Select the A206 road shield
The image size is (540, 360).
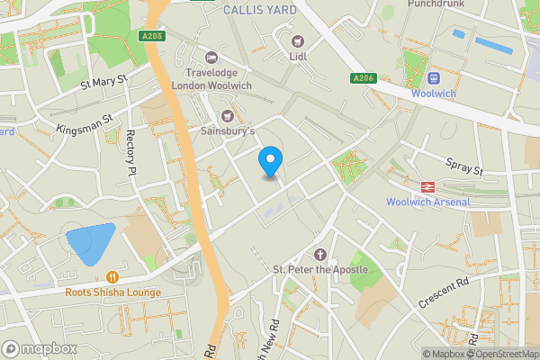point(363,79)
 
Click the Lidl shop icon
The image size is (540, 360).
point(298,40)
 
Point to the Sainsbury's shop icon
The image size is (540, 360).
point(227,115)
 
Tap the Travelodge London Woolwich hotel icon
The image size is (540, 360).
point(211,57)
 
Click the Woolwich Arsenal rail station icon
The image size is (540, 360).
point(427,186)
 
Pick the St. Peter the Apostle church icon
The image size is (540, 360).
point(319,255)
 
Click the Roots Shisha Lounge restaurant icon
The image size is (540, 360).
point(112,277)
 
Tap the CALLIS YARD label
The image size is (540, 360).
point(261,10)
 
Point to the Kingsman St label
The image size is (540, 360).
point(84,122)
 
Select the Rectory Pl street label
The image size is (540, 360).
point(131,152)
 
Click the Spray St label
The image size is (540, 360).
point(464,166)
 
